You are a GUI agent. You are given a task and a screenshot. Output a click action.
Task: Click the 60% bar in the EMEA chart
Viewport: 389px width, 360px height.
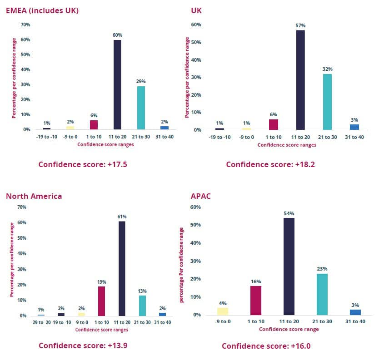pos(117,85)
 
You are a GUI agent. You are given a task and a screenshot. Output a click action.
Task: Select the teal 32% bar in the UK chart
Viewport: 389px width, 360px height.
pos(327,102)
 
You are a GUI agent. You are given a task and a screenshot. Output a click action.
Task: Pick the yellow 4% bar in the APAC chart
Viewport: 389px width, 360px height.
pos(222,311)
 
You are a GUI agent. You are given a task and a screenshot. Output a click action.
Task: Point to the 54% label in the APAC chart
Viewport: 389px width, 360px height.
pos(289,213)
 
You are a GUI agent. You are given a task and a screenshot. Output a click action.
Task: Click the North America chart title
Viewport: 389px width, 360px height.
pos(34,196)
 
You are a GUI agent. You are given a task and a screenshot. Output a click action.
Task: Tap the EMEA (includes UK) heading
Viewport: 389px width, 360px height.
pos(42,10)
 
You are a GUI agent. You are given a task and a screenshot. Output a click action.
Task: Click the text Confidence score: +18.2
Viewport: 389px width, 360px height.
pos(270,164)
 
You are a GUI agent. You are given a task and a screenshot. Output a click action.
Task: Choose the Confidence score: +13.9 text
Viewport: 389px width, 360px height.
pos(83,345)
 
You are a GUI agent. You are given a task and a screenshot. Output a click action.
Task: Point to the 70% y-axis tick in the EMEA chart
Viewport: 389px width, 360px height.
pos(25,25)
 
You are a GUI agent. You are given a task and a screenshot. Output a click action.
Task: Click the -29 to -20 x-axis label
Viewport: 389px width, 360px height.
pos(41,322)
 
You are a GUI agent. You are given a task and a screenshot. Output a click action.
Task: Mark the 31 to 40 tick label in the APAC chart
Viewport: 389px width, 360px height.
pos(355,322)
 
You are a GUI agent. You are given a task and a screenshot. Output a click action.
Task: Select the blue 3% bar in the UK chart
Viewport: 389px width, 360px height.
pos(354,127)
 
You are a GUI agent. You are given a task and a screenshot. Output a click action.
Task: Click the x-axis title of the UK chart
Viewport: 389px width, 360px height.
pos(287,145)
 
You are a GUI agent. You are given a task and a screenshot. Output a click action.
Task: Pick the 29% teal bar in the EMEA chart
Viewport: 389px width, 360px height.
pos(141,108)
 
